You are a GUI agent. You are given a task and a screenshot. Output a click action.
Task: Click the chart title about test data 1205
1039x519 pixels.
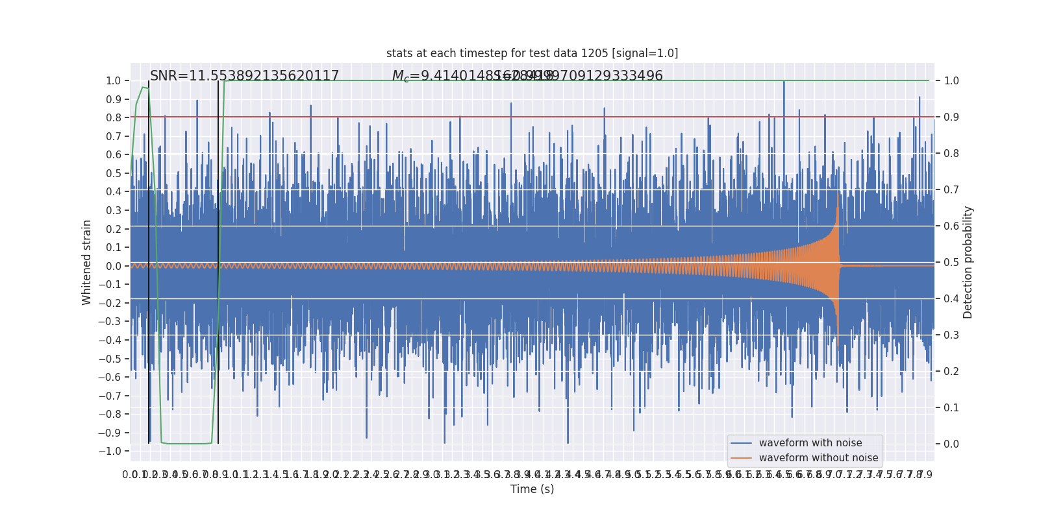click(x=532, y=53)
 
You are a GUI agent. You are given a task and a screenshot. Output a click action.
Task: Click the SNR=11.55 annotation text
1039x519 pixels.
click(x=244, y=76)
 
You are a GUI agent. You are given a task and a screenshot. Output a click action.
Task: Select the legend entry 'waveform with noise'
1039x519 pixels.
click(x=810, y=443)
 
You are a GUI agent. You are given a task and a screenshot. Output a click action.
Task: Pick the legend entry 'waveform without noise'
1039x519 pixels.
click(x=818, y=458)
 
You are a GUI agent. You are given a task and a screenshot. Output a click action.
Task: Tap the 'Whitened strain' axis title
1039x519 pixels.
click(x=87, y=262)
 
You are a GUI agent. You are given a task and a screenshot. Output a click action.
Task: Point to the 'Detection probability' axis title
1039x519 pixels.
click(x=968, y=262)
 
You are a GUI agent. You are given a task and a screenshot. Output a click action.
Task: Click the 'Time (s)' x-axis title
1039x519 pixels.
click(x=532, y=489)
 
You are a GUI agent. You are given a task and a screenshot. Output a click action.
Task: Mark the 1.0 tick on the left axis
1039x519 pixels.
click(x=114, y=81)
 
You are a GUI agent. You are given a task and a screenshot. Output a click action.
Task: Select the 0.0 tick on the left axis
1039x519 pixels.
click(x=114, y=266)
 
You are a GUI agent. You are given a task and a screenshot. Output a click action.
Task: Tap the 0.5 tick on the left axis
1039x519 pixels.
click(x=114, y=173)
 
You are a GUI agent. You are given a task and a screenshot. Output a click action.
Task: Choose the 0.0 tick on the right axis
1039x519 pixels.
click(x=951, y=444)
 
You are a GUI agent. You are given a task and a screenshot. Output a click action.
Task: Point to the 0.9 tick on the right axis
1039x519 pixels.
click(x=951, y=117)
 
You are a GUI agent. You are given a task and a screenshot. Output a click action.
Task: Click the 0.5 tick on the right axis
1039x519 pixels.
click(x=951, y=263)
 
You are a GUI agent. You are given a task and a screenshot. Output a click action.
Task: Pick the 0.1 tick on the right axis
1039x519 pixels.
click(x=951, y=408)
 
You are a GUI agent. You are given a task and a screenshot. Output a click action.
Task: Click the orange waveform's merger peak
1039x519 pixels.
click(x=838, y=195)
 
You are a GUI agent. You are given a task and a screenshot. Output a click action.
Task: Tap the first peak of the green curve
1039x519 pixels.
click(x=143, y=87)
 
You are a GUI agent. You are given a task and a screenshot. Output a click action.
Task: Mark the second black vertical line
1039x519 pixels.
click(x=218, y=259)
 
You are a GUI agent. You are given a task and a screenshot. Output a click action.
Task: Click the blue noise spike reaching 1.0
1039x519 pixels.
click(x=784, y=82)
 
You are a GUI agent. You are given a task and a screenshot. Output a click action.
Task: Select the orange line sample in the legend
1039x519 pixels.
click(x=741, y=458)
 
